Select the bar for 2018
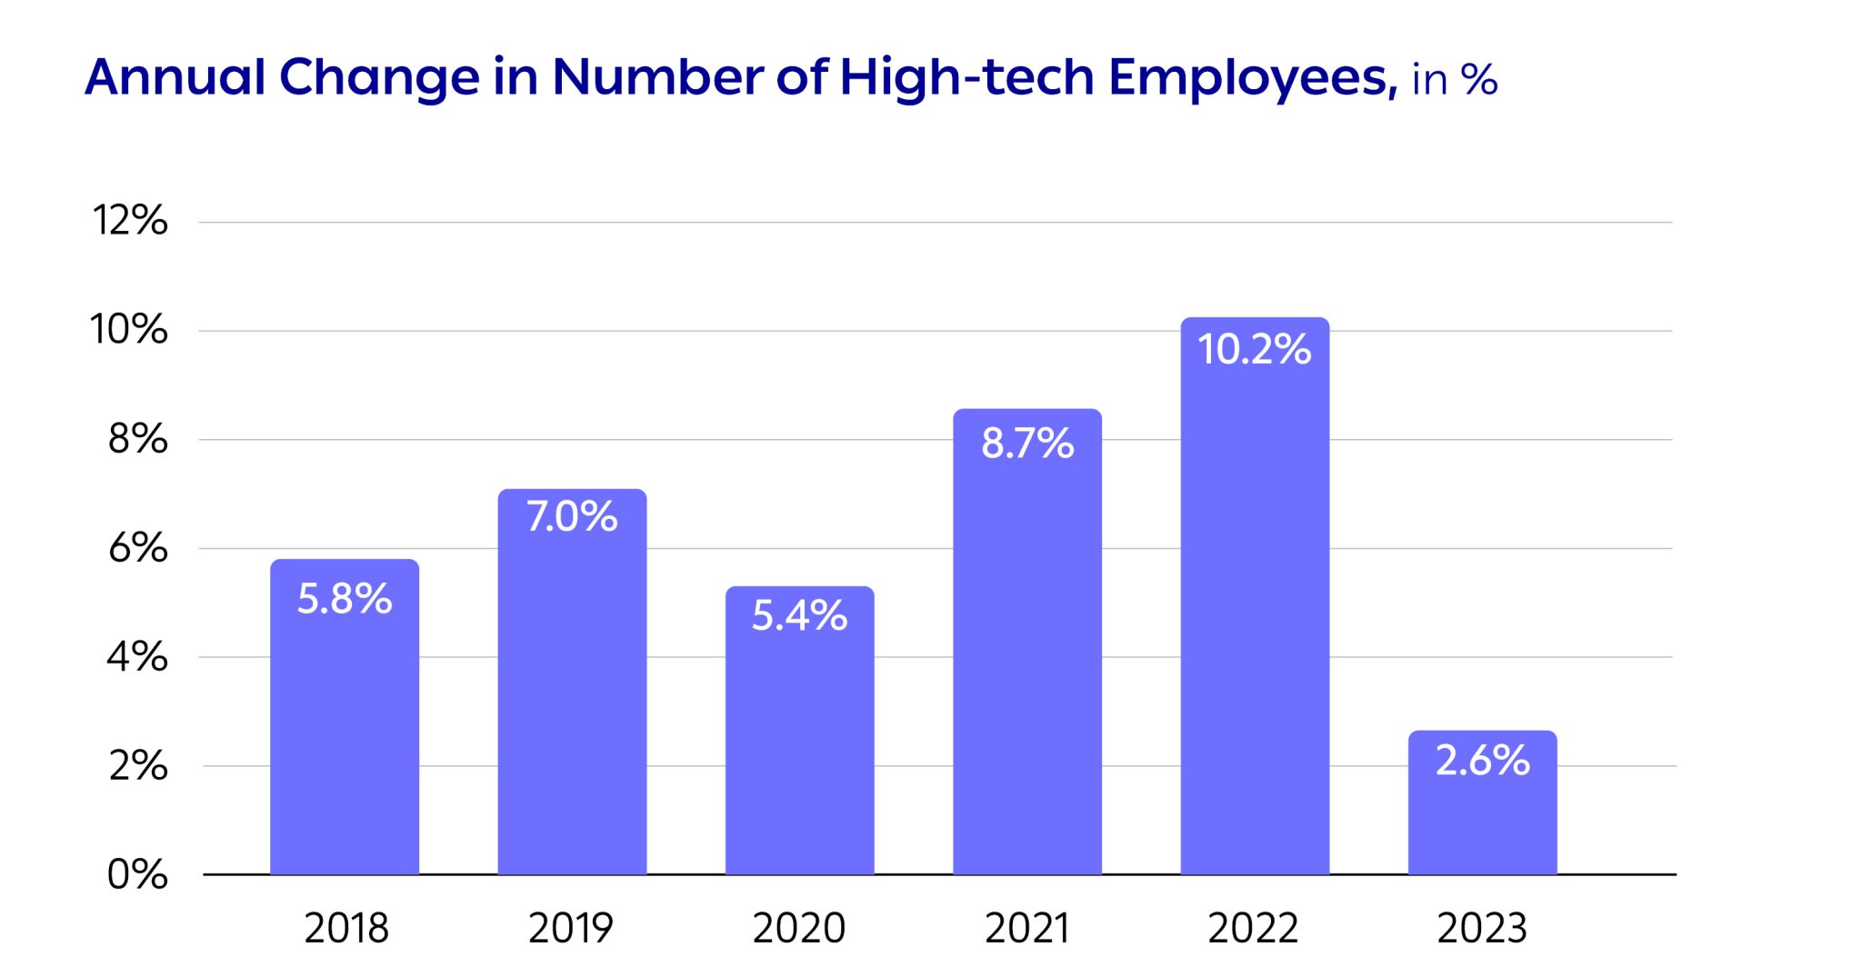(345, 727)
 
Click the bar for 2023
(1482, 818)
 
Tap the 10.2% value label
(1254, 350)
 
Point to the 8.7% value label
(1027, 444)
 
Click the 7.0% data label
(572, 517)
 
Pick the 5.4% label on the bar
(799, 615)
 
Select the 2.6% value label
(1482, 761)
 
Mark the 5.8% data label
(345, 599)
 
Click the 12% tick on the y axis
(130, 220)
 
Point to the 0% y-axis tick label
(137, 874)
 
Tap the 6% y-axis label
(137, 548)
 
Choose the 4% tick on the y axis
(137, 656)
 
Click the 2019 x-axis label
(571, 928)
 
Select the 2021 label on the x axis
(1027, 928)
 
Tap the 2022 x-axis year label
(1253, 928)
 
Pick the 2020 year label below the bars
(799, 928)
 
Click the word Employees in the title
(1252, 78)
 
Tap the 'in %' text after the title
(1454, 80)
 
